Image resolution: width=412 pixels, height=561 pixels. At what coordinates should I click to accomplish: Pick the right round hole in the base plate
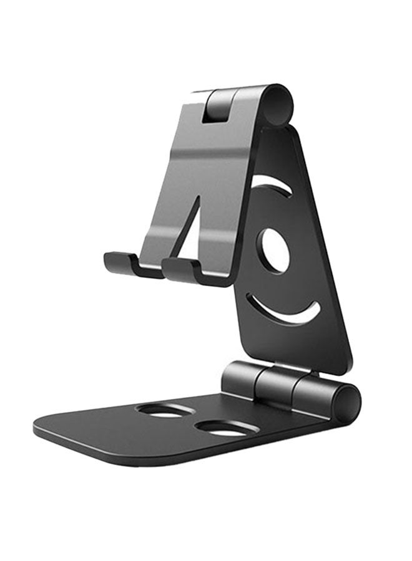[x=222, y=428]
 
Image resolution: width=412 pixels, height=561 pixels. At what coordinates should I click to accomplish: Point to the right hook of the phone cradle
[x=181, y=268]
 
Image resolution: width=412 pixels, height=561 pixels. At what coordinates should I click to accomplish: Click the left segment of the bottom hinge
[x=241, y=378]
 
